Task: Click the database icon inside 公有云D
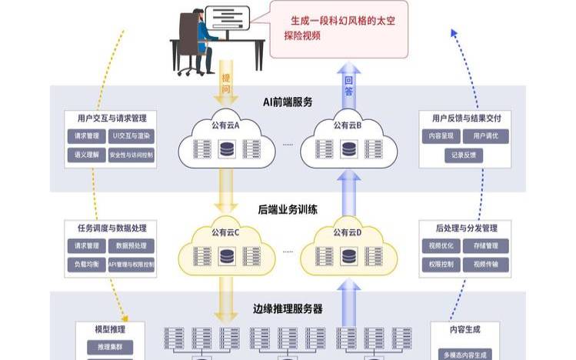coord(348,255)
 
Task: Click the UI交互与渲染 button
coord(132,136)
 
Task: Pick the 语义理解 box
coord(83,155)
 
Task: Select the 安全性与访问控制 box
coord(132,155)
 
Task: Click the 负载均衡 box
coord(83,265)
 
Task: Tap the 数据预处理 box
coord(132,246)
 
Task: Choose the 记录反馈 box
coord(464,155)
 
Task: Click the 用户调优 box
coord(486,136)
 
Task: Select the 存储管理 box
coord(486,246)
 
